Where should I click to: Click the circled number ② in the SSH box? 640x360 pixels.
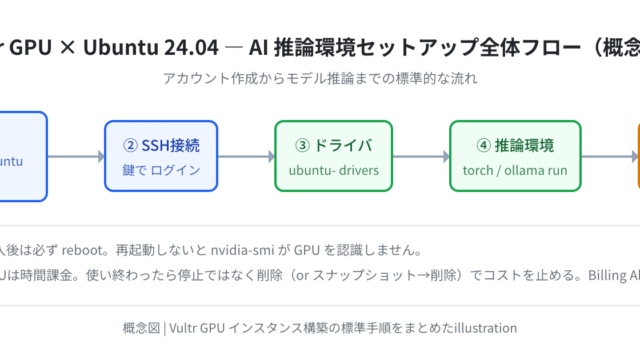point(130,145)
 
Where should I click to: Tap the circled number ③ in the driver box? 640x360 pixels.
point(302,145)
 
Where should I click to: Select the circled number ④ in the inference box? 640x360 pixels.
point(484,145)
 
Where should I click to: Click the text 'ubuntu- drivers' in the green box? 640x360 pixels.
point(334,170)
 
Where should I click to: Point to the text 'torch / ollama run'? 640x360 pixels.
point(515,170)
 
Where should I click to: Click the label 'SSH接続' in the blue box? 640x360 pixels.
point(171,146)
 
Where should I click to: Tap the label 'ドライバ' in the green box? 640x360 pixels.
point(343,146)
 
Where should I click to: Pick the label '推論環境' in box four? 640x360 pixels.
point(524,146)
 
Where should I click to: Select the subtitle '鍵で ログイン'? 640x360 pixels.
point(161,170)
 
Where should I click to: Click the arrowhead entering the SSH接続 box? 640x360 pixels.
point(102,156)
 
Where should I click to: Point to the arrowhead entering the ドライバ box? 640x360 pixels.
point(272,156)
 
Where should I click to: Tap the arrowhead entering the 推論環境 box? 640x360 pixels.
point(447,156)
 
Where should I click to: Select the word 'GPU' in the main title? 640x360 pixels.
point(30,47)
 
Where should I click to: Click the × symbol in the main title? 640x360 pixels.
point(67,48)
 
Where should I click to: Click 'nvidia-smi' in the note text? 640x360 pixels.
point(242,250)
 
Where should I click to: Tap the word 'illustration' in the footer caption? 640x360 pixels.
point(486,328)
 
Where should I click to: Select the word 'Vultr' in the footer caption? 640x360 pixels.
point(182,328)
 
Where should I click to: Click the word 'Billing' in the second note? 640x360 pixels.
point(607,276)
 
